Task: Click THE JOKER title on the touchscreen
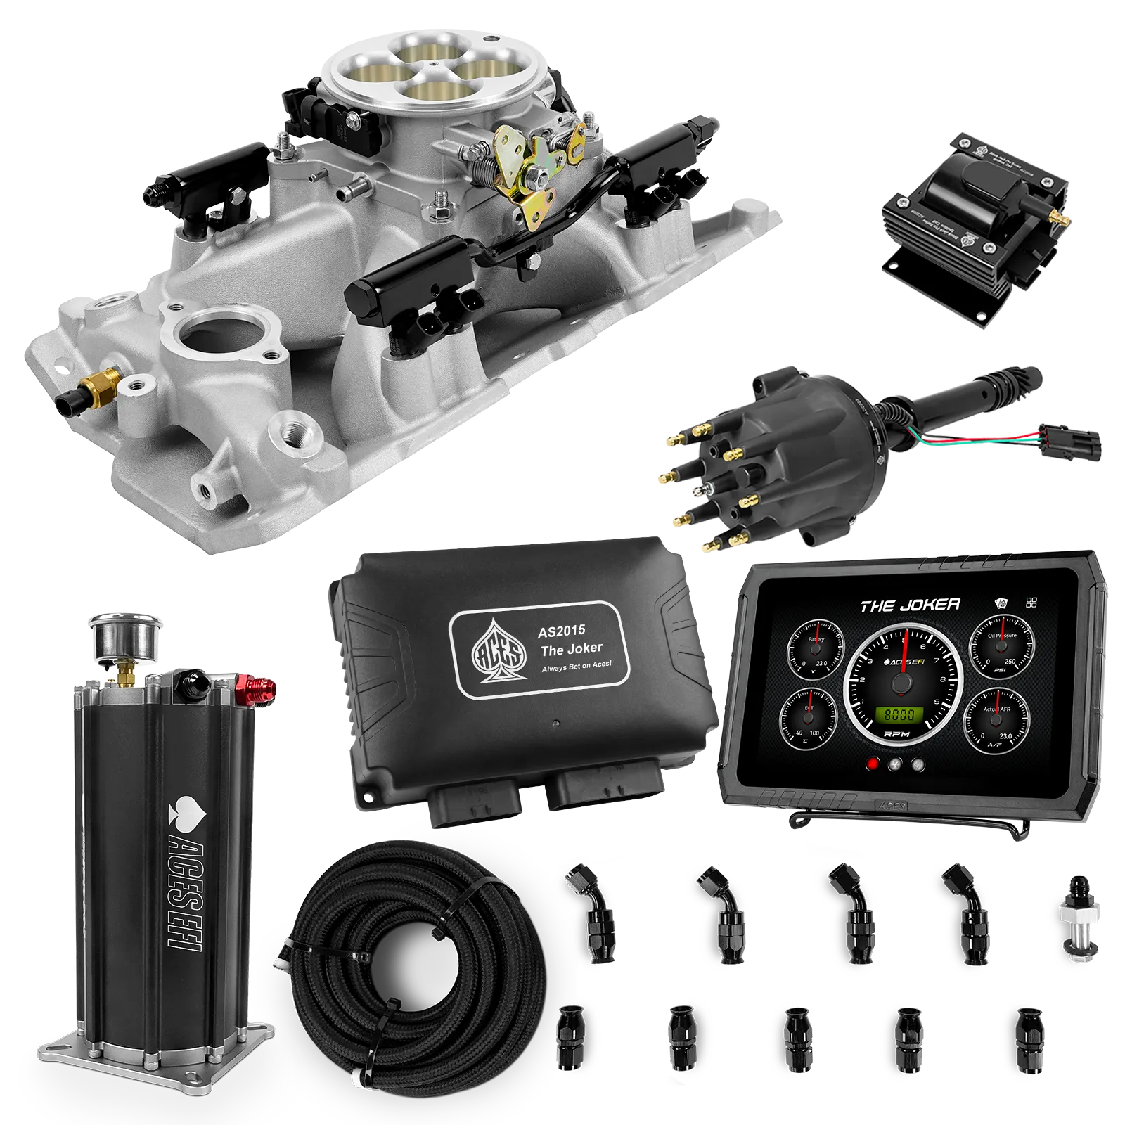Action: point(910,605)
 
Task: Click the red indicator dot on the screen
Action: point(874,764)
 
